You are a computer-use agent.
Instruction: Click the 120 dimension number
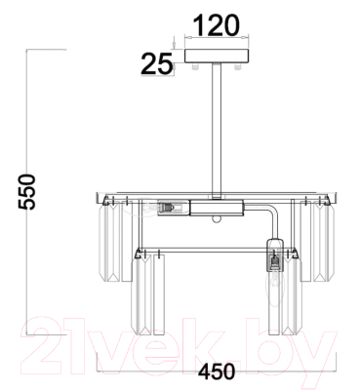pyautogui.click(x=217, y=25)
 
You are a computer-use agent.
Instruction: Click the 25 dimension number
pyautogui.click(x=156, y=63)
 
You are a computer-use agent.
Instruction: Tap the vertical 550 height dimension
pyautogui.click(x=26, y=192)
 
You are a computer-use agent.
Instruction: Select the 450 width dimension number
pyautogui.click(x=217, y=371)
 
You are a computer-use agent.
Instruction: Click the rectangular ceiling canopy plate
pyautogui.click(x=217, y=56)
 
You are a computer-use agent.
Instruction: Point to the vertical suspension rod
pyautogui.click(x=217, y=131)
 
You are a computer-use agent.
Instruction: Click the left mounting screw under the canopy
pyautogui.click(x=195, y=66)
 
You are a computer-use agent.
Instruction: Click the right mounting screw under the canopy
pyautogui.click(x=238, y=66)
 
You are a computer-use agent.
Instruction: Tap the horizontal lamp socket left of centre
pyautogui.click(x=174, y=208)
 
